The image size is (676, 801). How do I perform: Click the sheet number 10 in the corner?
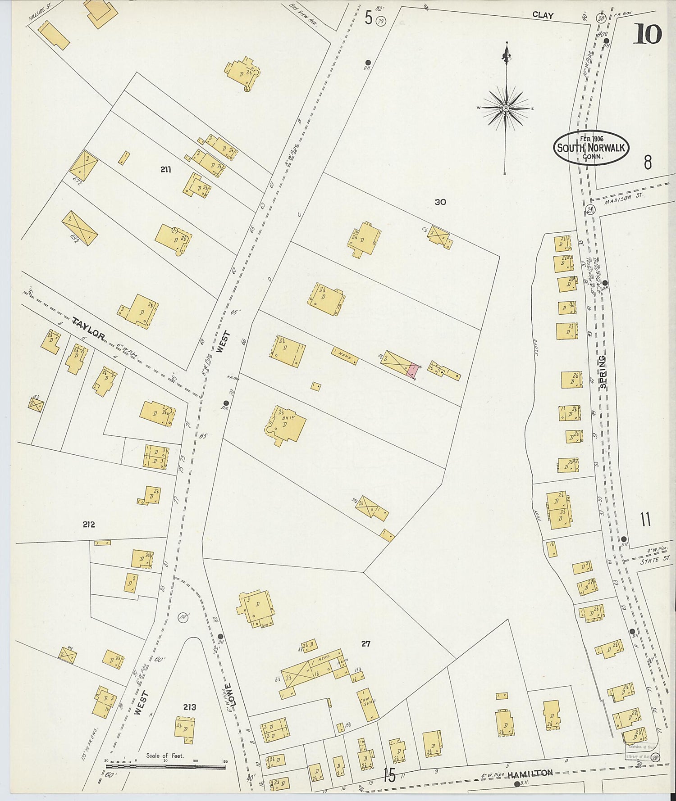647,34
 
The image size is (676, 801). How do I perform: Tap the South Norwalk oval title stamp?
591,148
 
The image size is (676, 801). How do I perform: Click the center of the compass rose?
506,109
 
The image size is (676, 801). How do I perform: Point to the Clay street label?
543,15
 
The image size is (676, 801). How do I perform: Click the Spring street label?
603,372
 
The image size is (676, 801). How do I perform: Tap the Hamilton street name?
530,774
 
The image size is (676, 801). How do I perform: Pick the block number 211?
165,169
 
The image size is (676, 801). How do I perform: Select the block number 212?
89,524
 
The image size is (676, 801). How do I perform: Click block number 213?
189,707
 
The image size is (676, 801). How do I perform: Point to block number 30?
440,202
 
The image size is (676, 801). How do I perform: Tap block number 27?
365,644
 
